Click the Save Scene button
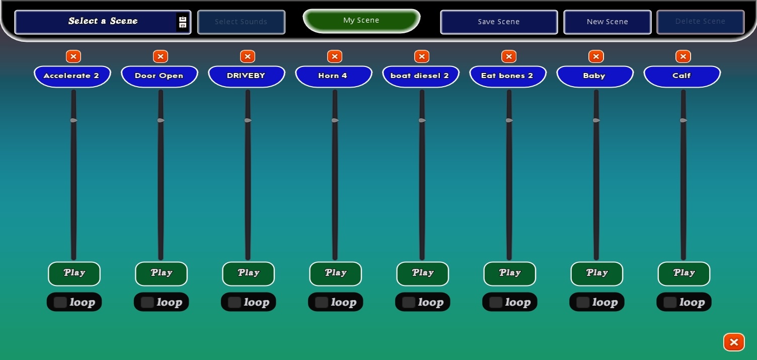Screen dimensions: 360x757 pyautogui.click(x=499, y=22)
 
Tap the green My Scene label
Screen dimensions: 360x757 pyautogui.click(x=361, y=21)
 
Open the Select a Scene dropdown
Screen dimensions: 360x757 pyautogui.click(x=103, y=22)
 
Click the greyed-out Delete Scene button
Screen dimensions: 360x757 pyautogui.click(x=700, y=22)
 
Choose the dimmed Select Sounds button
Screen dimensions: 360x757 pyautogui.click(x=241, y=22)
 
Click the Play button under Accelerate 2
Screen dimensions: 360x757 pyautogui.click(x=74, y=273)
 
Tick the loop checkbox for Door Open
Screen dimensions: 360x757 pyautogui.click(x=147, y=302)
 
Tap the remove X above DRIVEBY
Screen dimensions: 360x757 pyautogui.click(x=248, y=56)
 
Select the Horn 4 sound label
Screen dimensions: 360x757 pyautogui.click(x=333, y=76)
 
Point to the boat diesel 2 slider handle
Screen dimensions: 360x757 pyautogui.click(x=422, y=120)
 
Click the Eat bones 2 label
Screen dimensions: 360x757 pyautogui.click(x=507, y=76)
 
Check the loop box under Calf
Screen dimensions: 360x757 pyautogui.click(x=670, y=302)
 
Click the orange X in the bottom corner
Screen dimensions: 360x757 pyautogui.click(x=734, y=342)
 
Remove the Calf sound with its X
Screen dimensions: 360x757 pyautogui.click(x=683, y=56)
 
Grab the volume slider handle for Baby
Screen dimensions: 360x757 pyautogui.click(x=596, y=120)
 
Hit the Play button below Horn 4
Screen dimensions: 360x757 pyautogui.click(x=335, y=273)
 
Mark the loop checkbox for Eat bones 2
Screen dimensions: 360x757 pyautogui.click(x=496, y=302)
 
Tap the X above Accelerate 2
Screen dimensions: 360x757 pyautogui.click(x=73, y=56)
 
